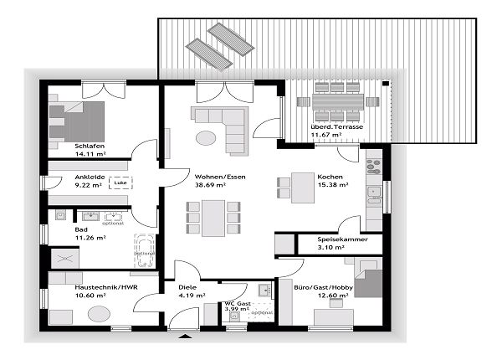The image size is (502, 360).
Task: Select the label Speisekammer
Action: point(340,239)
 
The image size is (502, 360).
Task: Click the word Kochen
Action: point(330,177)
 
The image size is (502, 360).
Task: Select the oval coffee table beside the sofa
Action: point(205,138)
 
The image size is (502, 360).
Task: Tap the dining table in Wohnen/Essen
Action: point(213,218)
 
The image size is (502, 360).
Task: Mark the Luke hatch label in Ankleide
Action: point(120,181)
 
